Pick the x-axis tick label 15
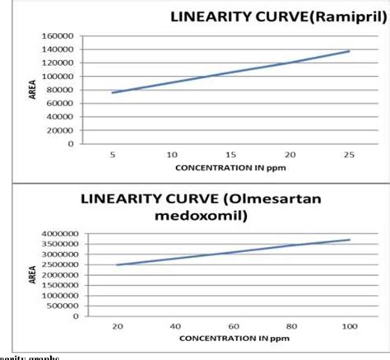coord(231,154)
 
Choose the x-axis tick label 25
coord(349,154)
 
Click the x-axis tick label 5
coord(113,154)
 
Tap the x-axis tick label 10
coord(172,154)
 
